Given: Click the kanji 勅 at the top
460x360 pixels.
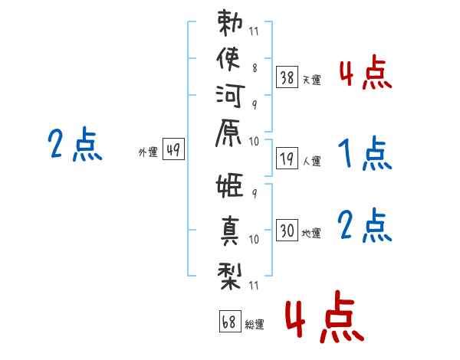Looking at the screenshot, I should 229,25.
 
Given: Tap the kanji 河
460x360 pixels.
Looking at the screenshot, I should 229,101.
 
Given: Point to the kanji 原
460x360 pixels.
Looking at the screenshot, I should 229,141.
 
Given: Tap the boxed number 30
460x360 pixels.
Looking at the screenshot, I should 287,230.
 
